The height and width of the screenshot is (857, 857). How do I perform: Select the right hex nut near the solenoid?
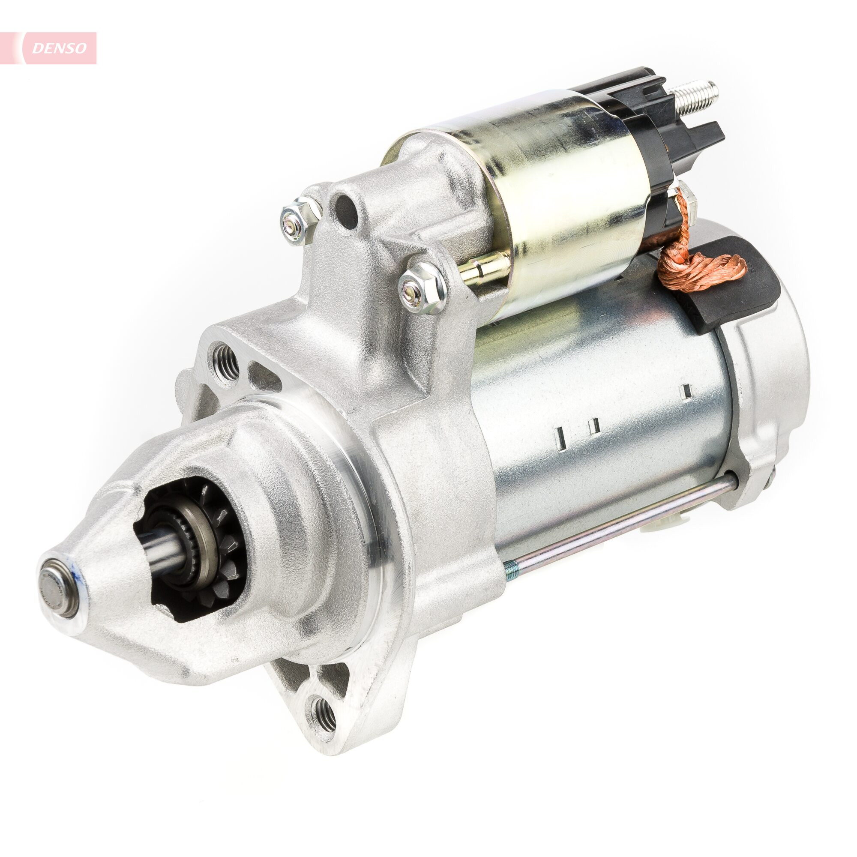tap(420, 288)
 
